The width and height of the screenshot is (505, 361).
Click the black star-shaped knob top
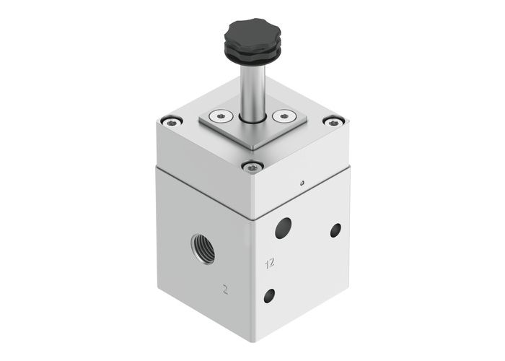[249, 32]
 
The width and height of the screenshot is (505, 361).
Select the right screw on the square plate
[285, 115]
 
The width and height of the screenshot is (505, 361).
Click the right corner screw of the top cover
[332, 121]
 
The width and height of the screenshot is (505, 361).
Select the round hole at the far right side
[335, 230]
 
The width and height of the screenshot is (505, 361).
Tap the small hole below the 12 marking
[269, 295]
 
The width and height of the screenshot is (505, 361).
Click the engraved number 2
[226, 291]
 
